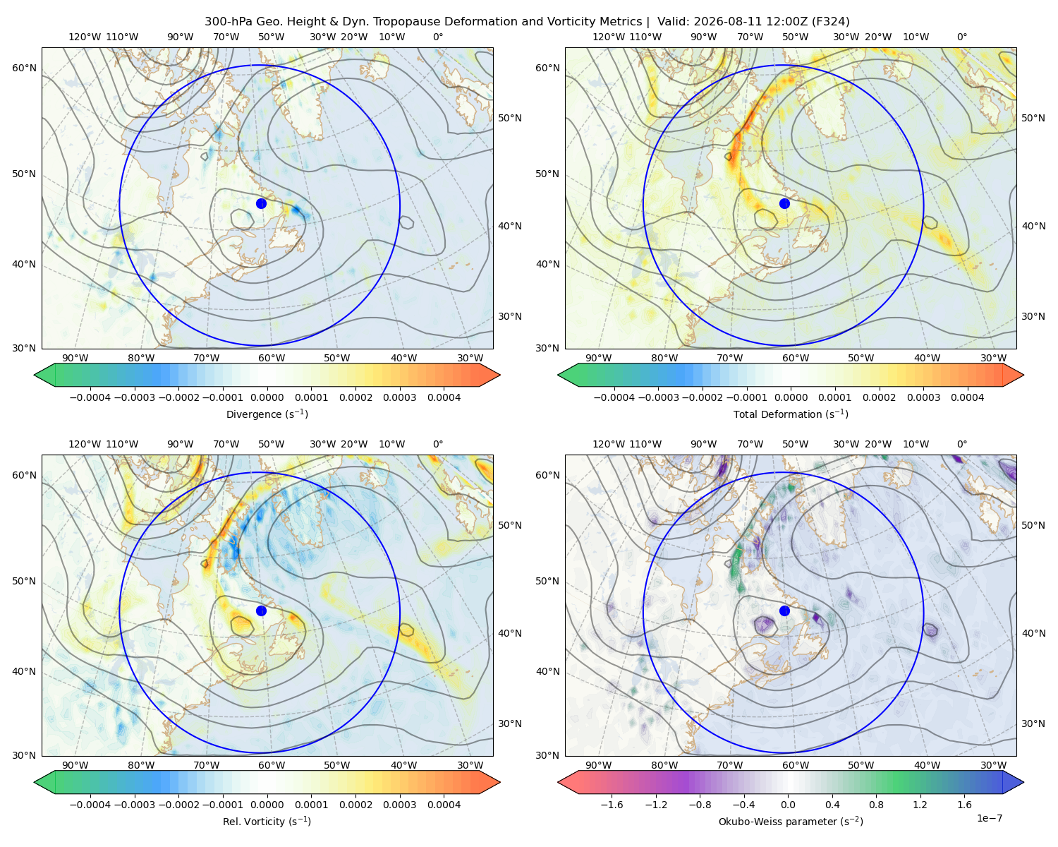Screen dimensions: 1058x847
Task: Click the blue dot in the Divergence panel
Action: point(261,203)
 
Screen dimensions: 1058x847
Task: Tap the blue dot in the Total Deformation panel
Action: point(784,203)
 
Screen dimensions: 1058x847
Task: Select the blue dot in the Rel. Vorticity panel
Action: point(261,611)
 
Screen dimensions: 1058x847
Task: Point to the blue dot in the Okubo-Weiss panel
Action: point(784,611)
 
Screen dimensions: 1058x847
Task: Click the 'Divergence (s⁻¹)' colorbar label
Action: point(267,414)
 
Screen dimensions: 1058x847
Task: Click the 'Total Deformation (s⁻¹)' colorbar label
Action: point(791,414)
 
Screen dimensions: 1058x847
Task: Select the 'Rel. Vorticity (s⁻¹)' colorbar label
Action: point(267,821)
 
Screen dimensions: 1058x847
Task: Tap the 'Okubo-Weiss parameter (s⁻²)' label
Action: point(791,821)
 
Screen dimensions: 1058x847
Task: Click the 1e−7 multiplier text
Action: point(989,818)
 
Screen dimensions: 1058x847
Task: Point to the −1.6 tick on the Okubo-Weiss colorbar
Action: point(612,805)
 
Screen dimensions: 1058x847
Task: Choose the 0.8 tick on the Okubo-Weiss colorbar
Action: point(876,805)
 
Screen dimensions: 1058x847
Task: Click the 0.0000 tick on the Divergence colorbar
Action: point(267,397)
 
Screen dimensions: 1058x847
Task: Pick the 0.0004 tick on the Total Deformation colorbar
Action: point(968,397)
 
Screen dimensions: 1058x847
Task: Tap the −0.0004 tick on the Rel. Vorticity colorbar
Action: point(90,805)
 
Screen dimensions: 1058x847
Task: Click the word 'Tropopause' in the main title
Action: point(407,22)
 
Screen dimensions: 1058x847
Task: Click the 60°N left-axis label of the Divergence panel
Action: point(24,68)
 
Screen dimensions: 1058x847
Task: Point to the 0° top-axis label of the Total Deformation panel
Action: point(961,37)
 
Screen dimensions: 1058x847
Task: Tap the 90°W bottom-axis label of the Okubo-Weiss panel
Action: point(598,765)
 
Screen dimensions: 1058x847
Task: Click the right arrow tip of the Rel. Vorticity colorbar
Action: point(500,782)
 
